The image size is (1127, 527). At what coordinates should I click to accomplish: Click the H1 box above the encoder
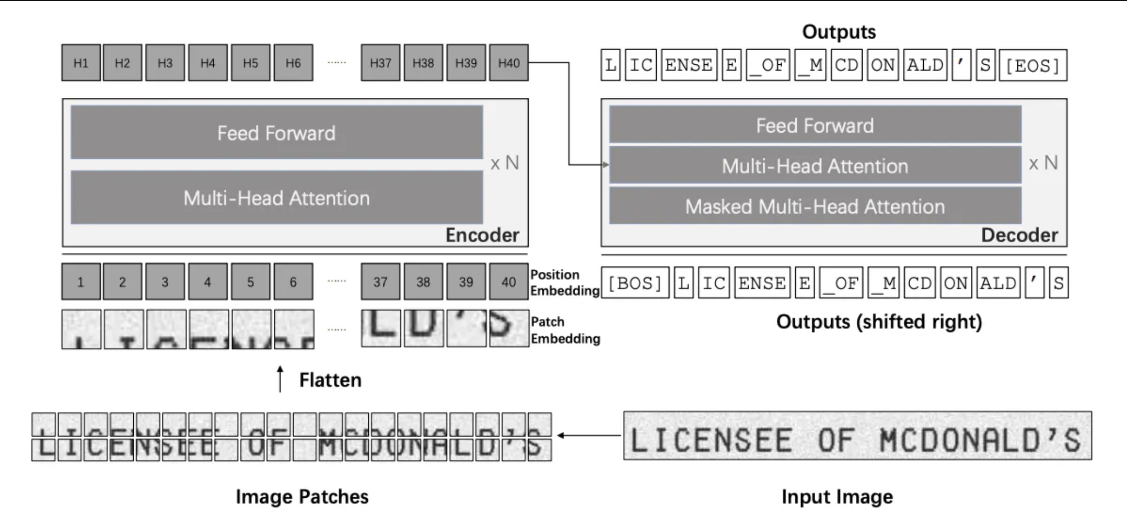click(x=81, y=63)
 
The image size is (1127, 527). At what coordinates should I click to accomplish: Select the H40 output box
click(x=508, y=63)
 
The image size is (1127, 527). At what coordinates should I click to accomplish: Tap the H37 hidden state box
click(x=380, y=63)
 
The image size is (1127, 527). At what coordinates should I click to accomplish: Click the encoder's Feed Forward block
click(x=276, y=133)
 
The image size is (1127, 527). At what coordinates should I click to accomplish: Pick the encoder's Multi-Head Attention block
click(x=276, y=198)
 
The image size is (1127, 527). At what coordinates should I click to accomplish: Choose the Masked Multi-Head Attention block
click(x=815, y=207)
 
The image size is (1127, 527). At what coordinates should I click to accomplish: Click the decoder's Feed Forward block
click(x=815, y=125)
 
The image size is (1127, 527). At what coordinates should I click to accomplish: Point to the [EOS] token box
click(x=1032, y=65)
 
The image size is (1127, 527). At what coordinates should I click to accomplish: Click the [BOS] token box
click(x=635, y=283)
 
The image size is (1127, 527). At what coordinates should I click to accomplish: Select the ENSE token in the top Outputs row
click(x=689, y=65)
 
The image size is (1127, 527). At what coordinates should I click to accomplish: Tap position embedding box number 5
click(x=250, y=282)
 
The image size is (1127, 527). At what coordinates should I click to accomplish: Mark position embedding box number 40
click(x=508, y=282)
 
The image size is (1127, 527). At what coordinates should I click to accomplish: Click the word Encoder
click(x=482, y=235)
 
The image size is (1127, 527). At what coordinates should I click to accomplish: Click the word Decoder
click(x=1019, y=235)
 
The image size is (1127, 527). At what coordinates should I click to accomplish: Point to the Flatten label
click(x=330, y=380)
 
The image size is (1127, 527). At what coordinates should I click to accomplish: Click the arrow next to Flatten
click(x=280, y=379)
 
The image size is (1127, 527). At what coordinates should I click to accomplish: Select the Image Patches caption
click(x=302, y=497)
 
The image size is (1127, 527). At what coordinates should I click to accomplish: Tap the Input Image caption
click(x=837, y=497)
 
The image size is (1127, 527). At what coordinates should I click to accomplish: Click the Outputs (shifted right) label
click(x=879, y=322)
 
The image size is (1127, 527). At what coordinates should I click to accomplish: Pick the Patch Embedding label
click(x=565, y=330)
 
